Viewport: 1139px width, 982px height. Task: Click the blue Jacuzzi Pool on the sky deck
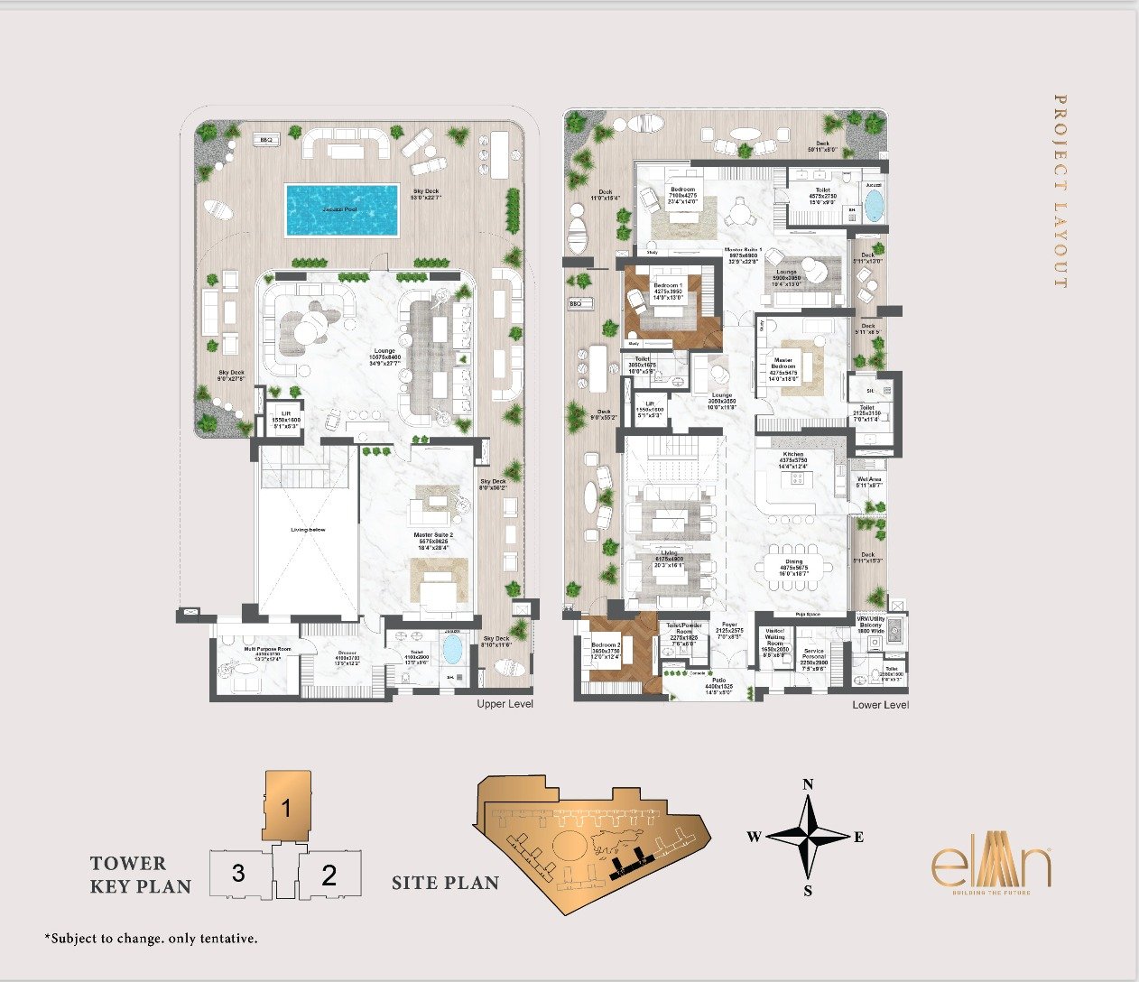pos(342,209)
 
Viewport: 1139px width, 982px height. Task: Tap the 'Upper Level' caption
pos(505,704)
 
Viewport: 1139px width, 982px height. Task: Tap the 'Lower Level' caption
pos(880,705)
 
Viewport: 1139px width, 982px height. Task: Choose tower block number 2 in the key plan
pos(329,875)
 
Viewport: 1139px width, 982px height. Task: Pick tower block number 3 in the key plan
pos(238,874)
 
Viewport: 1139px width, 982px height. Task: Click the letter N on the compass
pos(809,784)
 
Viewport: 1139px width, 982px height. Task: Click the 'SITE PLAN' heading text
pos(445,883)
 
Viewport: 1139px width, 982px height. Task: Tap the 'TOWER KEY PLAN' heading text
pos(140,875)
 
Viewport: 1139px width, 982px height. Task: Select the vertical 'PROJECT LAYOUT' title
pos(1060,191)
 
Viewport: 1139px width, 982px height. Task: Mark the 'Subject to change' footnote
pos(151,939)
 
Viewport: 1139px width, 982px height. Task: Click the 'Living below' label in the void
pos(308,530)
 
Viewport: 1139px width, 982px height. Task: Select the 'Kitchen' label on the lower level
pos(793,454)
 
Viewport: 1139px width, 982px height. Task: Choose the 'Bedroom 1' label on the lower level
pos(668,285)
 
